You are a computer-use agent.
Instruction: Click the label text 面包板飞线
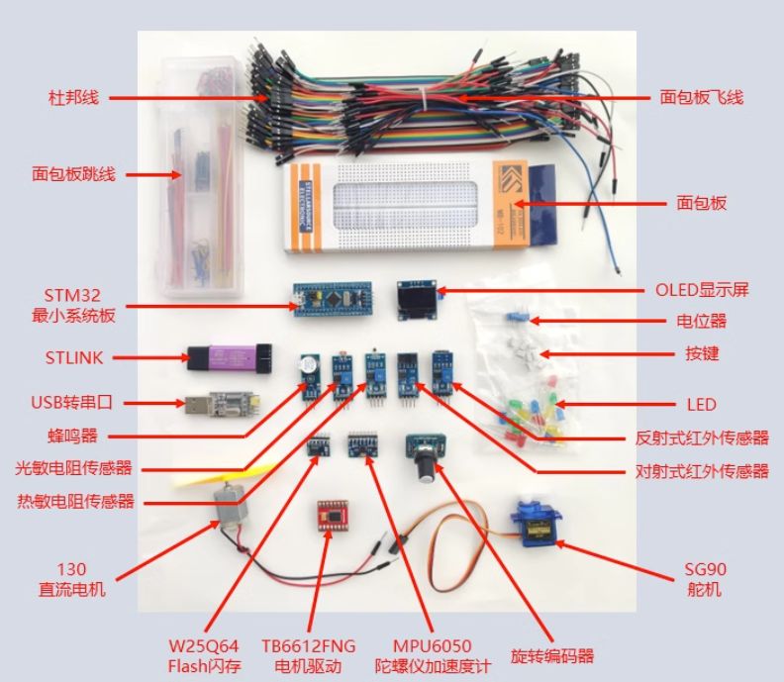701,97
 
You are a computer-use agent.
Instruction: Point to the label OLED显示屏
702,290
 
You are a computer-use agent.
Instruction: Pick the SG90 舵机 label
705,579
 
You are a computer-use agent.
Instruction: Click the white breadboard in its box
396,208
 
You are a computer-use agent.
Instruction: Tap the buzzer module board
308,372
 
